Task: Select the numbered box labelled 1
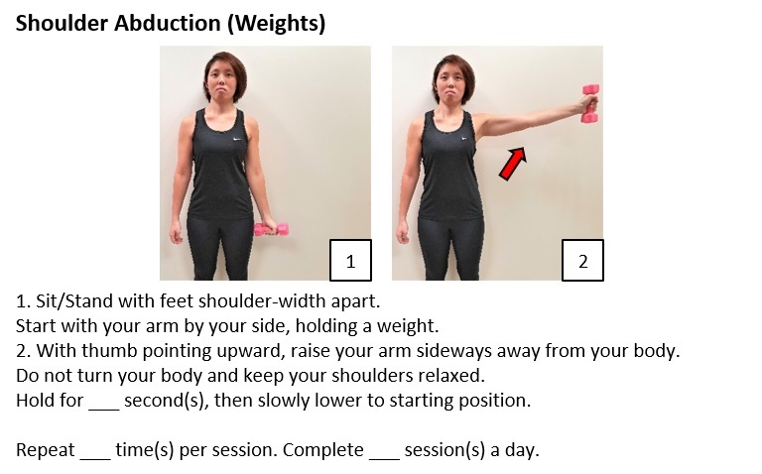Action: (350, 260)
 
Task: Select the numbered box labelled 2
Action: (582, 260)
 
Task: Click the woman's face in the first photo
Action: (221, 78)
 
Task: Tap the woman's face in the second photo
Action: (451, 79)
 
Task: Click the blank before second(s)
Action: (103, 402)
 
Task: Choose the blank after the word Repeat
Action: (94, 451)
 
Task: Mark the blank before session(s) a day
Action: (383, 451)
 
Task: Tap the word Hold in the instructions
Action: (34, 401)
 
